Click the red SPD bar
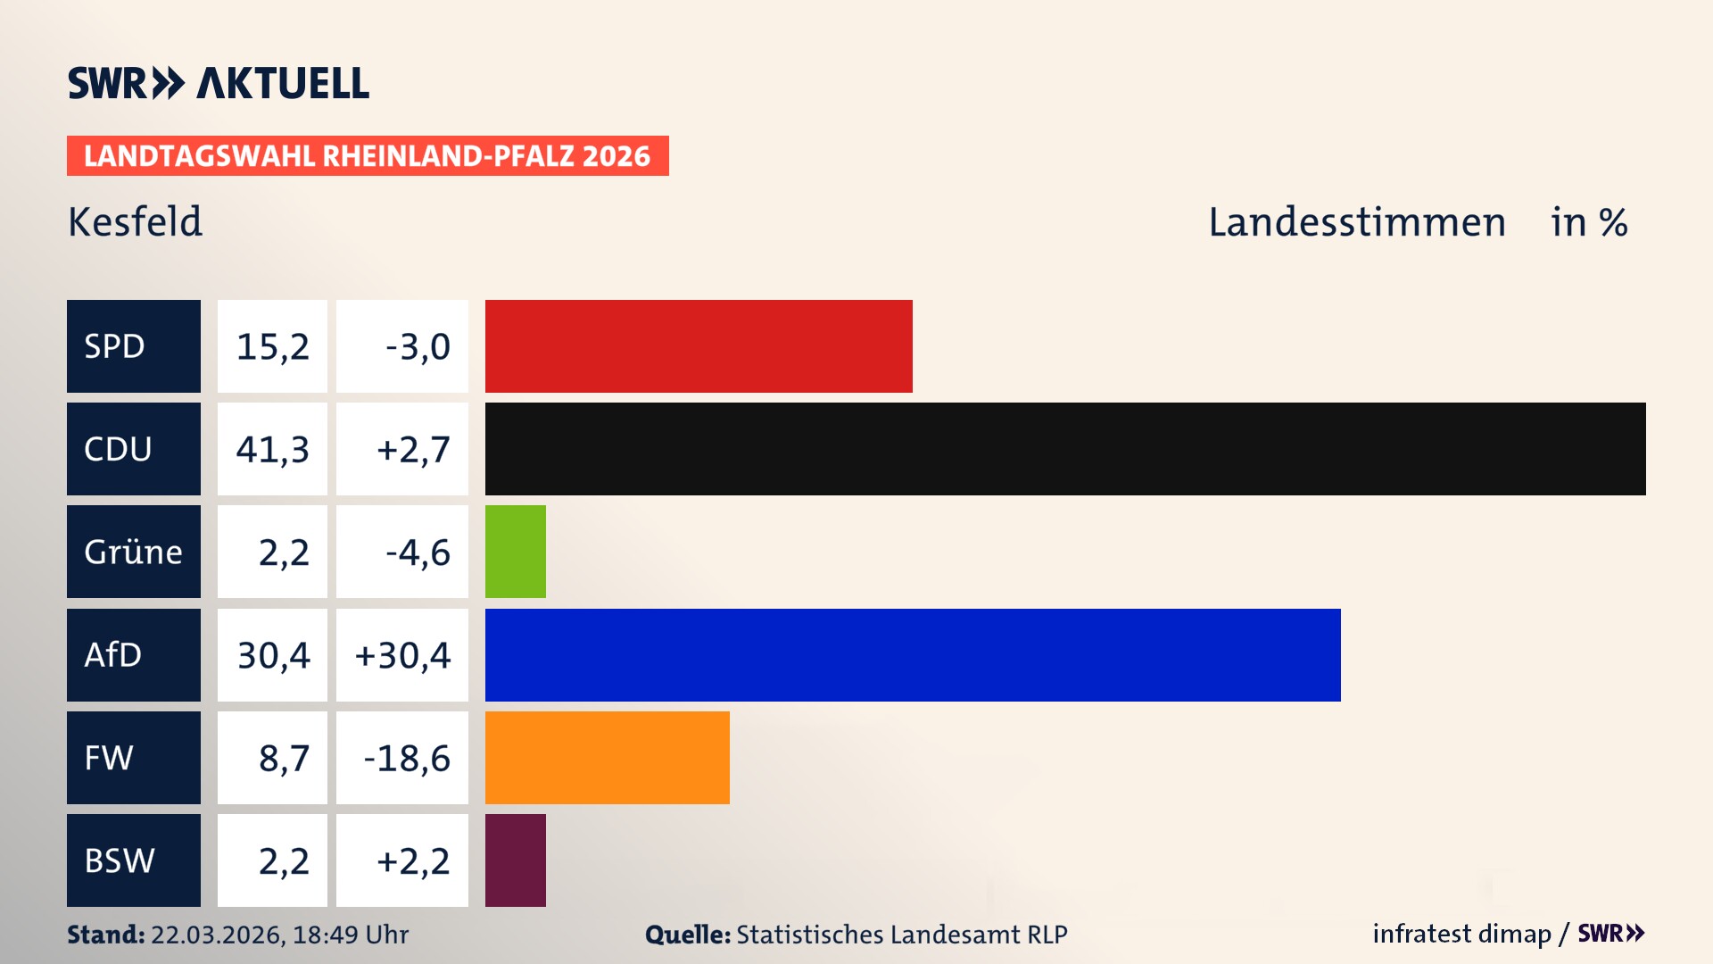click(x=699, y=346)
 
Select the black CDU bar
click(x=1065, y=449)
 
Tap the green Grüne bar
click(x=516, y=552)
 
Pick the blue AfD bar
click(x=913, y=655)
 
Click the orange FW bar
click(x=607, y=758)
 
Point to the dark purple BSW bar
click(x=516, y=860)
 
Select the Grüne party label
click(x=133, y=552)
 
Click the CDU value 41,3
click(x=272, y=449)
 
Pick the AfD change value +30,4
click(x=402, y=655)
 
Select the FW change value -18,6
click(x=406, y=758)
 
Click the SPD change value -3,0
click(x=417, y=346)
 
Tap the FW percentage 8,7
click(x=283, y=758)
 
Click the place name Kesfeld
click(x=136, y=221)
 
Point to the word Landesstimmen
click(x=1356, y=221)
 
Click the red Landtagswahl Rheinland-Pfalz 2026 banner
click(x=368, y=156)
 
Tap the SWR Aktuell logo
click(x=219, y=83)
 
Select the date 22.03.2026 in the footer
click(x=217, y=935)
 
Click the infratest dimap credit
click(x=1461, y=934)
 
